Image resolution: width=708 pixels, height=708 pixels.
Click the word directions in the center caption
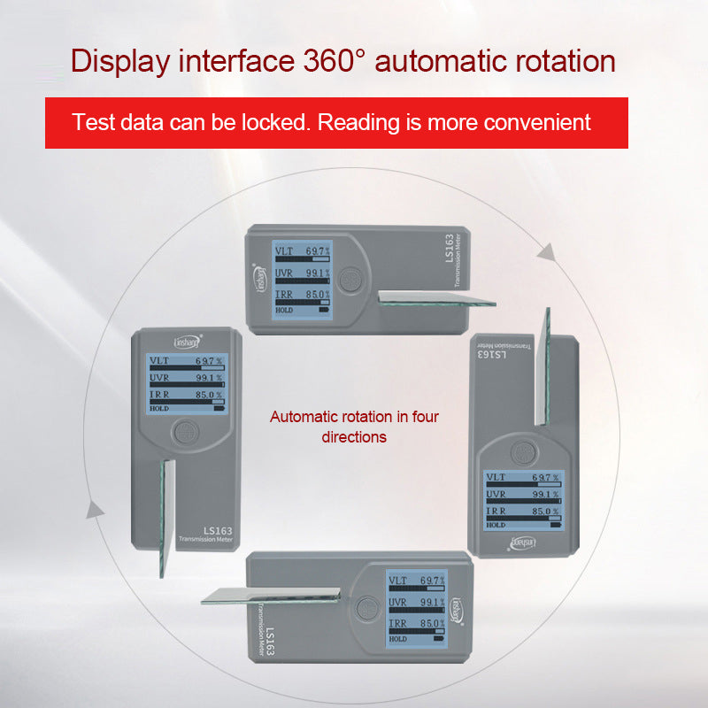tap(354, 436)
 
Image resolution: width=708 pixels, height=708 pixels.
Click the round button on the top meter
tap(351, 281)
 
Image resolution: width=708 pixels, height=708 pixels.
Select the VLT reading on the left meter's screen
tap(185, 361)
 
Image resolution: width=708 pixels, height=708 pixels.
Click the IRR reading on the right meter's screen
tap(523, 512)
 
